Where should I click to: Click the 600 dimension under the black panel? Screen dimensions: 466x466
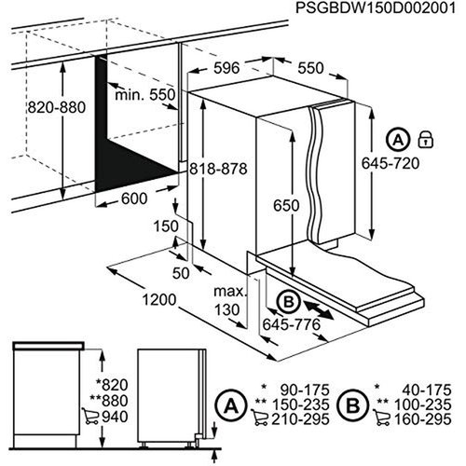tap(135, 198)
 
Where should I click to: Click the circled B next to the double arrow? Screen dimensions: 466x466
tap(289, 301)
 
